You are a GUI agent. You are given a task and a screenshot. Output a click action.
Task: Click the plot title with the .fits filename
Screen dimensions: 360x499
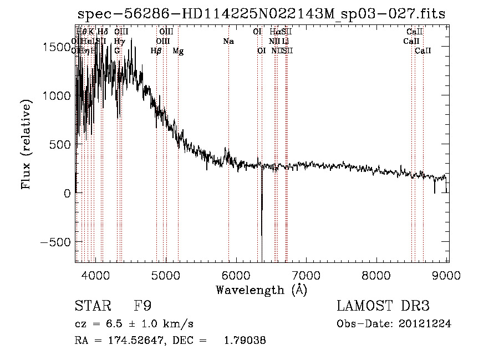(x=261, y=14)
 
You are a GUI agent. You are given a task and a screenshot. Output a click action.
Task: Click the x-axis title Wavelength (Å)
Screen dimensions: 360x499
(x=261, y=289)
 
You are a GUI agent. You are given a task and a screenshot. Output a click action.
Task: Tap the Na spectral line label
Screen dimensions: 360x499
(x=228, y=42)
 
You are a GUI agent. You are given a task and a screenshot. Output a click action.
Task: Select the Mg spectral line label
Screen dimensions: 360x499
(x=179, y=51)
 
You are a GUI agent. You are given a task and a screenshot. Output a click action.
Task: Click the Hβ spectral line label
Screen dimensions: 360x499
(x=156, y=51)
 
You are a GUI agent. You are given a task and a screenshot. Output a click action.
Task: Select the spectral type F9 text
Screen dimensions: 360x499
(x=142, y=306)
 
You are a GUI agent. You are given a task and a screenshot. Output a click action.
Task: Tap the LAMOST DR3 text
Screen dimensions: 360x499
(x=383, y=306)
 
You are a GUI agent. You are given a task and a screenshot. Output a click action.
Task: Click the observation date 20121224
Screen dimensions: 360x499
(x=426, y=324)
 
